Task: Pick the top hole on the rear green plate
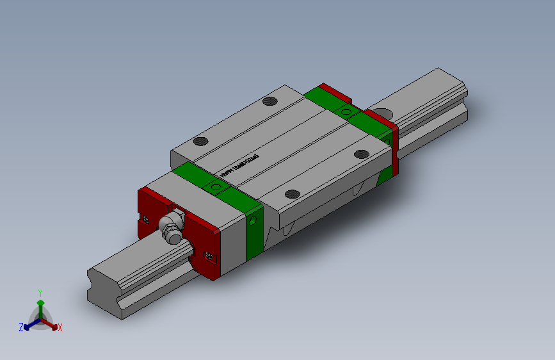[x=347, y=113]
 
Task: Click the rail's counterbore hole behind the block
[x=385, y=114]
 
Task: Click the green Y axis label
[x=40, y=291]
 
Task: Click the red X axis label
[x=60, y=327]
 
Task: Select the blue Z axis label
[x=21, y=327]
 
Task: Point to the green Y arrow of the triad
[x=40, y=304]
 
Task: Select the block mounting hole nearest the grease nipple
[x=201, y=142]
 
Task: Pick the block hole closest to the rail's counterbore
[x=362, y=154]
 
